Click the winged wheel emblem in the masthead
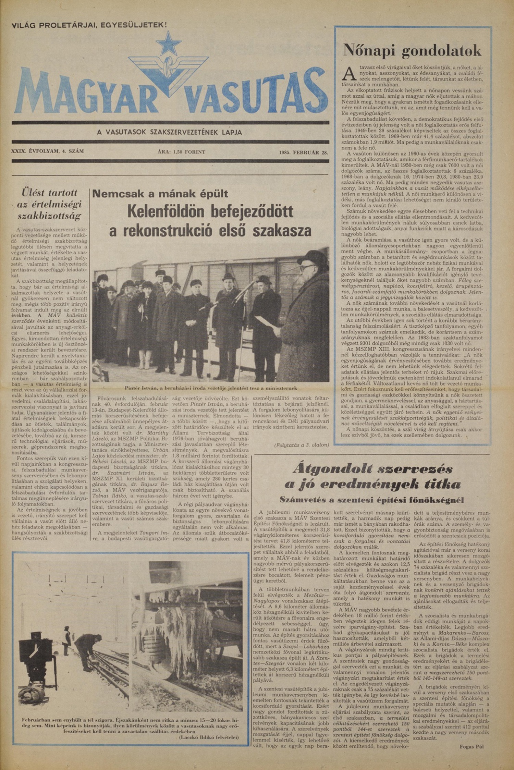(x=169, y=70)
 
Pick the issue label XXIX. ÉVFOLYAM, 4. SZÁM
(x=47, y=151)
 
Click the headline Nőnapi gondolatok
(x=412, y=51)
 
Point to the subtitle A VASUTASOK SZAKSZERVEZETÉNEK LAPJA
(x=169, y=132)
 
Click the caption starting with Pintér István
(x=210, y=388)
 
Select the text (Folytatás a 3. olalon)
(x=302, y=445)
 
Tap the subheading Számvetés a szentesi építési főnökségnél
(x=372, y=500)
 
